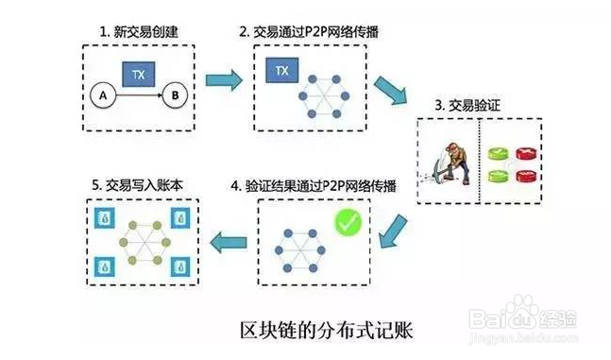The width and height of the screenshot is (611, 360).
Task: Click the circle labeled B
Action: (174, 94)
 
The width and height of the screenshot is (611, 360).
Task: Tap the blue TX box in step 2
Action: (280, 70)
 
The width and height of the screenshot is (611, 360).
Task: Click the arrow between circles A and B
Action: (137, 94)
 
